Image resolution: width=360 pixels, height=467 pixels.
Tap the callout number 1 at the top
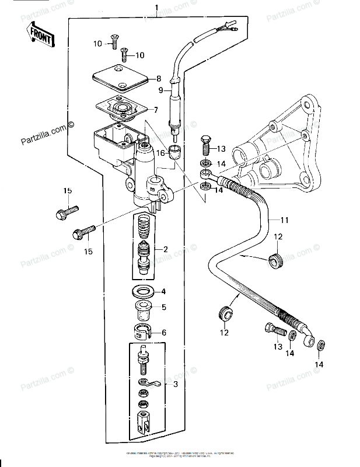[x=156, y=8]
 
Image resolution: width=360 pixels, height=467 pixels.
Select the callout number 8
[x=158, y=79]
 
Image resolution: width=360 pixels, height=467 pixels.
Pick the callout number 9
[x=161, y=90]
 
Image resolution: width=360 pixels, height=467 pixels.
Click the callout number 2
[x=166, y=249]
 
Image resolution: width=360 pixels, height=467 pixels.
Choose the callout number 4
[x=164, y=291]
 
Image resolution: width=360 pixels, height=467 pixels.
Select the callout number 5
[x=164, y=307]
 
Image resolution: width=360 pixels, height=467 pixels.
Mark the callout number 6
[x=164, y=333]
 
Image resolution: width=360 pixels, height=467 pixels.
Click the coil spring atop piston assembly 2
[x=144, y=225]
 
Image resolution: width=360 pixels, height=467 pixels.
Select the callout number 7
[x=156, y=110]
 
